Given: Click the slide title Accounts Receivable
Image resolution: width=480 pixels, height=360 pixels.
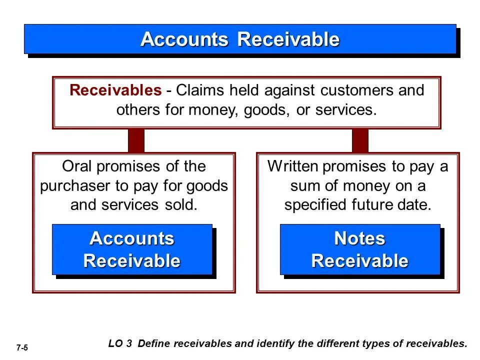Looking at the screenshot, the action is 240,39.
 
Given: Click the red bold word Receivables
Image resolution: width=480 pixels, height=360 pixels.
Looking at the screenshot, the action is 115,90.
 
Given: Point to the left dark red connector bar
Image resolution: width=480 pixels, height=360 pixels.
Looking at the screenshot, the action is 136,140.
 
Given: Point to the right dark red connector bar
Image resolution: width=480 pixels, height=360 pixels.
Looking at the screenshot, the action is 360,140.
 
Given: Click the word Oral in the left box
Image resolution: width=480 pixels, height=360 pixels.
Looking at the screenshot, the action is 77,166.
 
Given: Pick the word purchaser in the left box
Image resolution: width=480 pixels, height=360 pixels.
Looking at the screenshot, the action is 76,186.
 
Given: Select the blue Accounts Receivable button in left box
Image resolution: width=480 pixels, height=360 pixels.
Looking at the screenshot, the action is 132,249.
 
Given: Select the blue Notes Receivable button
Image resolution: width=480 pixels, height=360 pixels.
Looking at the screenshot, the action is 359,249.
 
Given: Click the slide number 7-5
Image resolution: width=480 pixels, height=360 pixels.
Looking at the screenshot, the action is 22,347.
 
